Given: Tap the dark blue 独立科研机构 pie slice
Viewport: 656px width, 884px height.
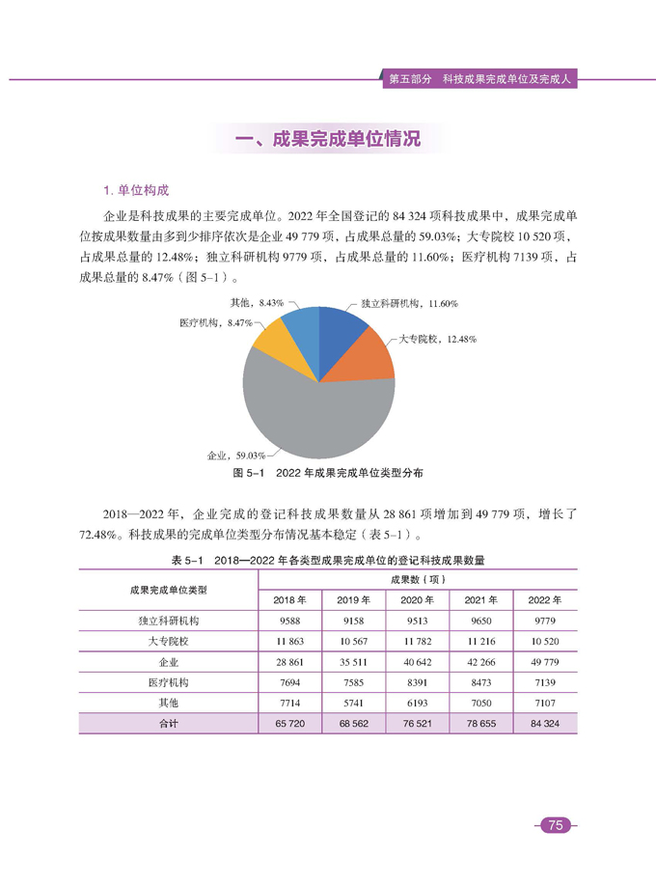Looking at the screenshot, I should point(341,329).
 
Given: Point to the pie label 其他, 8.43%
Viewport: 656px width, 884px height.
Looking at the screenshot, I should point(257,302).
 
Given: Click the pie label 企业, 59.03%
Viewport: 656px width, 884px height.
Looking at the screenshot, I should point(236,454).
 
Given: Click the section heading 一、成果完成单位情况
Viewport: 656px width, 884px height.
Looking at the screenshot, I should point(328,139).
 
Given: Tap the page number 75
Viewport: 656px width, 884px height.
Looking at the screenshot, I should point(554,824).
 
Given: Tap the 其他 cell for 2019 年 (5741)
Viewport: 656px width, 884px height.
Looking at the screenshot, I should point(354,703).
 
